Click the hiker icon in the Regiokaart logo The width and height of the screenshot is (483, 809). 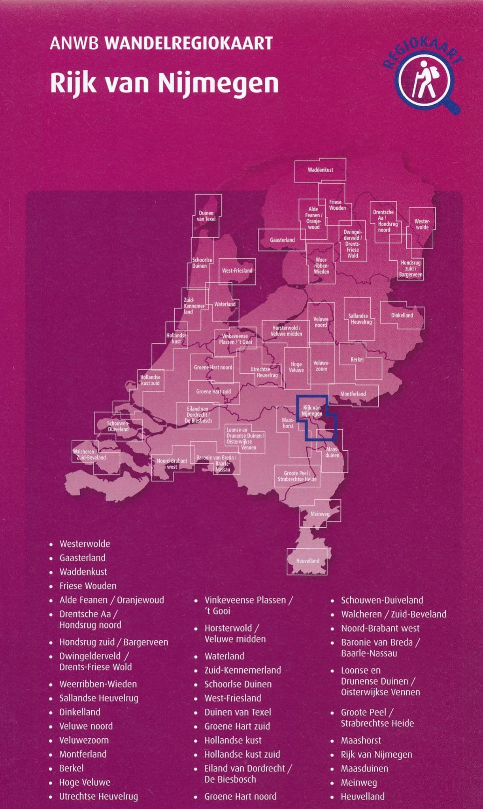(x=424, y=81)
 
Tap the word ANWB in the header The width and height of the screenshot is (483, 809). (x=74, y=43)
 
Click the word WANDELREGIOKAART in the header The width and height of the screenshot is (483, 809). (x=189, y=43)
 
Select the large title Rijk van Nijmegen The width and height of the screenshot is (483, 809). (x=164, y=83)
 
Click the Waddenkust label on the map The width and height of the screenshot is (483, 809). (x=320, y=170)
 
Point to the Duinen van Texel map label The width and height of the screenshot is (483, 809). (x=206, y=216)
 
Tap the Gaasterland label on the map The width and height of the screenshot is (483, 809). (x=282, y=240)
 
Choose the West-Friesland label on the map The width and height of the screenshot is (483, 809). (x=237, y=271)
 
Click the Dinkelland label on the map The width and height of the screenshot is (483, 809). (x=402, y=315)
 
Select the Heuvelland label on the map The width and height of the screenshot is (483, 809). (x=308, y=561)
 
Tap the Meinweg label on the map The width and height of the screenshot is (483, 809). (x=320, y=514)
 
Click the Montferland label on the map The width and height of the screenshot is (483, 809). (x=353, y=394)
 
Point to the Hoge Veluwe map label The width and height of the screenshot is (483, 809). (x=296, y=367)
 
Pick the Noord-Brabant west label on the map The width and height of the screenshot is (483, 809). (x=172, y=464)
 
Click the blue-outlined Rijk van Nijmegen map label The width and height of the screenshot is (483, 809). (x=312, y=411)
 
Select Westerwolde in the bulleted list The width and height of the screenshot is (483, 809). (x=85, y=544)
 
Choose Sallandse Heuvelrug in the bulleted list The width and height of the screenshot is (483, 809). (x=99, y=698)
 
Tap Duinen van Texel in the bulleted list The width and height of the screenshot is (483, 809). (x=238, y=712)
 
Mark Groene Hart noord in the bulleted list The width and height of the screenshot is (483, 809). (x=240, y=796)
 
